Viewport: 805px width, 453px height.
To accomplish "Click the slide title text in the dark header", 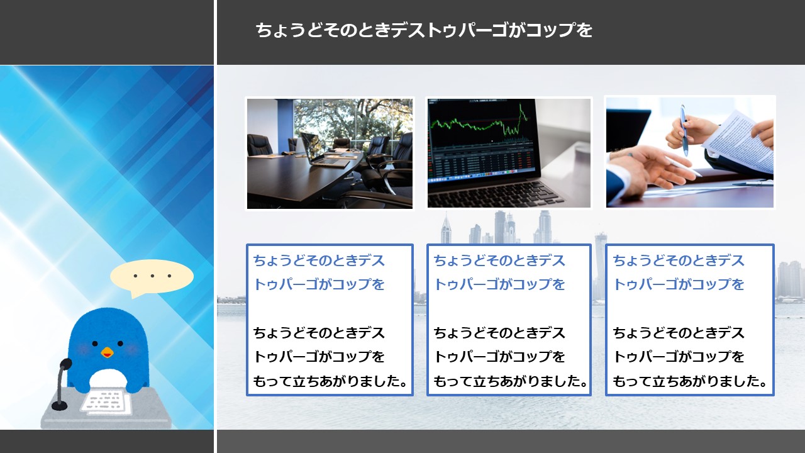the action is pos(424,30).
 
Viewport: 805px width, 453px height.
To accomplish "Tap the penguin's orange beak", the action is pos(107,352).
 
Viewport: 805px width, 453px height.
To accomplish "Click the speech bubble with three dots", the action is pos(152,277).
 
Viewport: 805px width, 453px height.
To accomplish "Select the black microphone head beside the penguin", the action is pos(65,364).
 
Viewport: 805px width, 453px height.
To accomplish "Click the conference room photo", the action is pos(330,154).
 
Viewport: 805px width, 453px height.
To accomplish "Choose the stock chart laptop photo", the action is pos(509,153).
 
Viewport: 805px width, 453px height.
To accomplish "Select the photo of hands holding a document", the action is pos(690,152).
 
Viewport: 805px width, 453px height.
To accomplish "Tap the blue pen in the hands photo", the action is pos(684,130).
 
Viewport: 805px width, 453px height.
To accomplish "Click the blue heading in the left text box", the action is pos(319,272).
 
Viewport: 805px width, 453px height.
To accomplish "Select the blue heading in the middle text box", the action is pos(499,272).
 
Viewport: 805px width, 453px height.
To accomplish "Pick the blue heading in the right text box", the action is pos(679,272).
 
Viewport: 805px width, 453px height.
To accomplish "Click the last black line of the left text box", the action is pos(330,381).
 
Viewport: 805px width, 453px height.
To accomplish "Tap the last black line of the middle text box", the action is pos(510,381).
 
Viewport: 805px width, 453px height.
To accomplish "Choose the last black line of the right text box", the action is pos(690,381).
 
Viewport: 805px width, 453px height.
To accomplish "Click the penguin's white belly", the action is pos(108,379).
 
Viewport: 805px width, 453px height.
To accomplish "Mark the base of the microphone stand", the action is pos(59,406).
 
